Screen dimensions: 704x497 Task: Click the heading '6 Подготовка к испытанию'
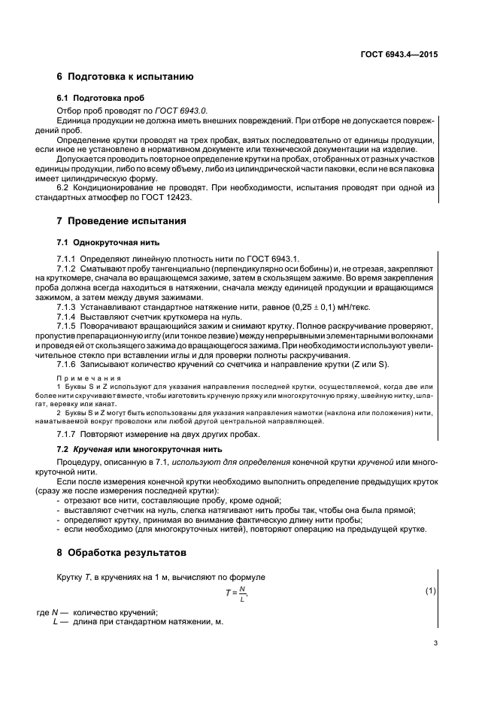tap(126, 77)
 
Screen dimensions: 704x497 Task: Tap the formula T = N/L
tap(237, 591)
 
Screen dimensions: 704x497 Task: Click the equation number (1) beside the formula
tap(431, 591)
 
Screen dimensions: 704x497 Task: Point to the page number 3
tap(435, 643)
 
